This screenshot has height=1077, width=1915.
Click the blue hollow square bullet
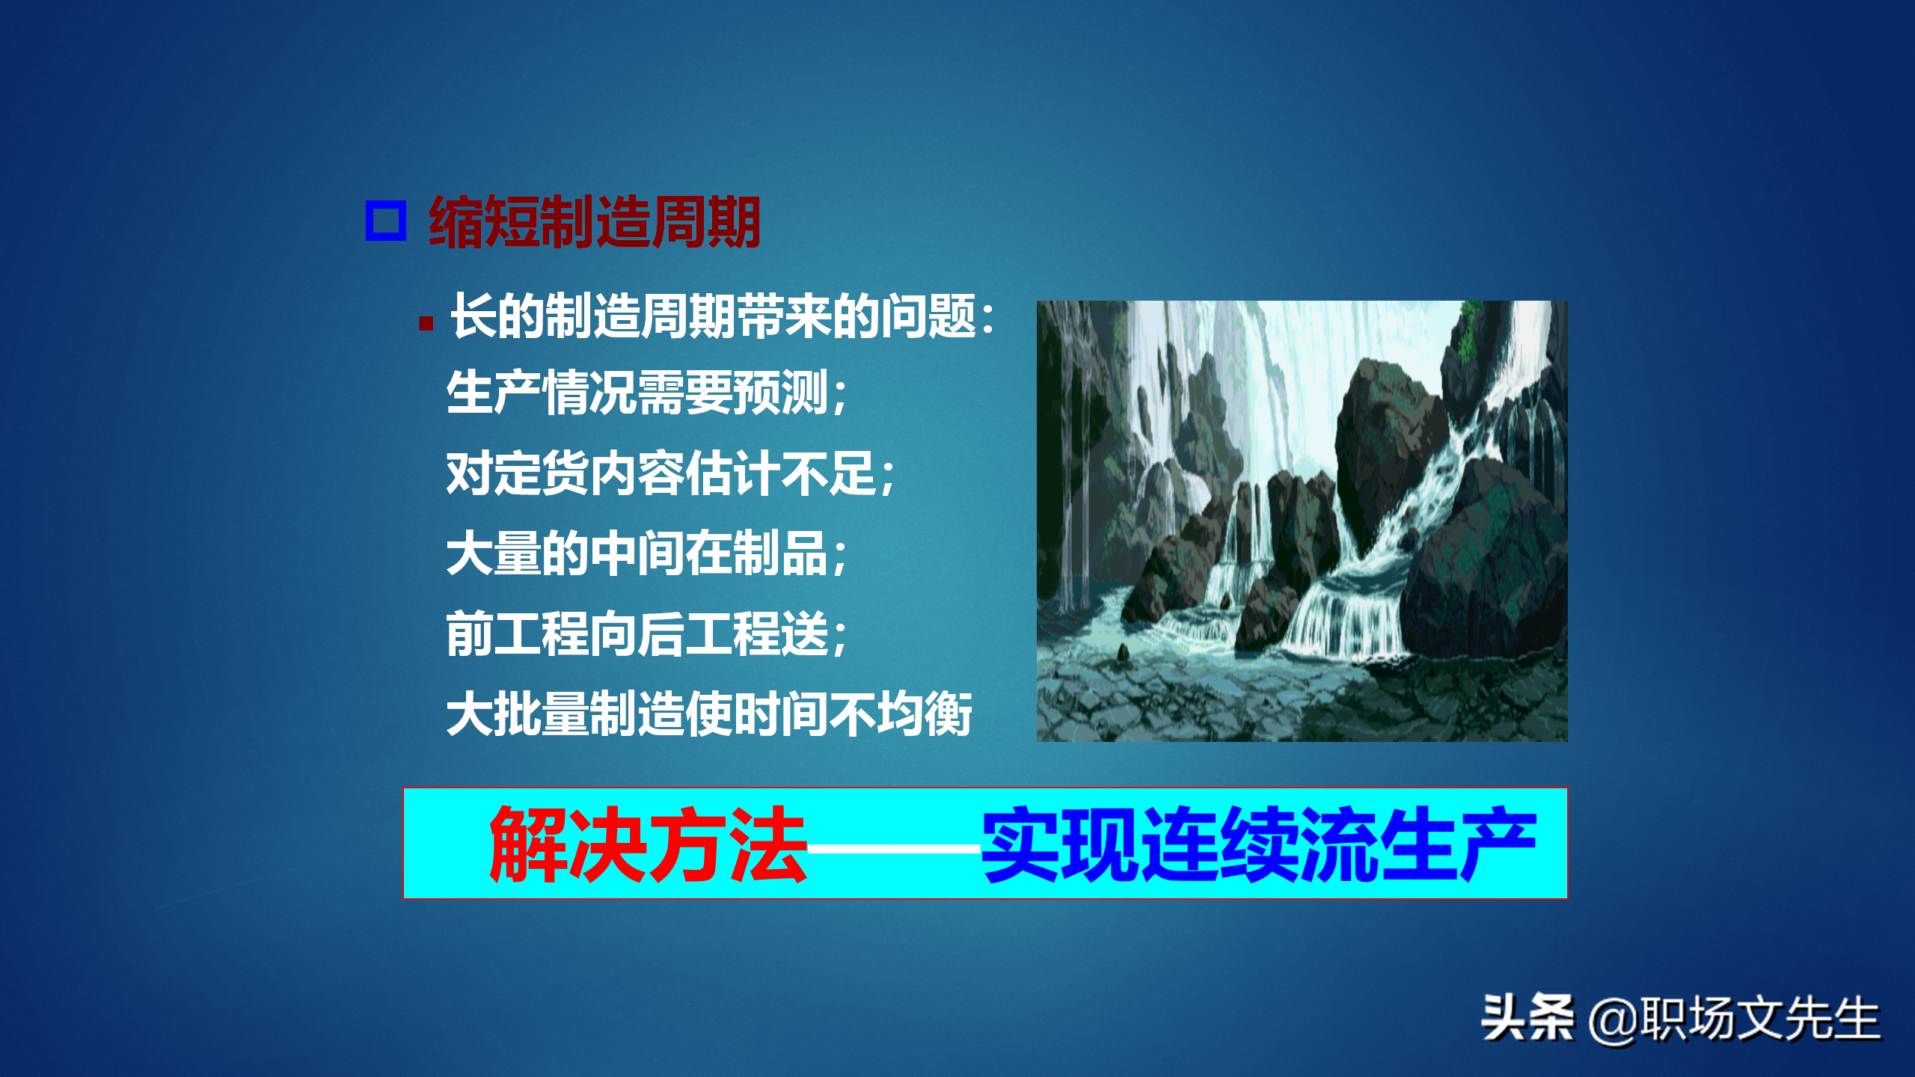point(385,221)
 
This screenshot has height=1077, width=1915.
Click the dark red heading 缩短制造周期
point(595,221)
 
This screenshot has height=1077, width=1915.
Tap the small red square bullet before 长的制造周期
point(426,323)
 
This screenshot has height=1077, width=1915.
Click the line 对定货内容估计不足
point(670,474)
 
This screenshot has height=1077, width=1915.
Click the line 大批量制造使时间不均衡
point(708,714)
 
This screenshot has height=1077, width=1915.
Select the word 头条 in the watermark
point(1526,1018)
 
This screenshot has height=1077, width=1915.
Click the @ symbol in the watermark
point(1613,1022)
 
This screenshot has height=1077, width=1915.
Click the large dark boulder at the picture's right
point(1485,568)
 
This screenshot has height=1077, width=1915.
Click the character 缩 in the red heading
point(456,221)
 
